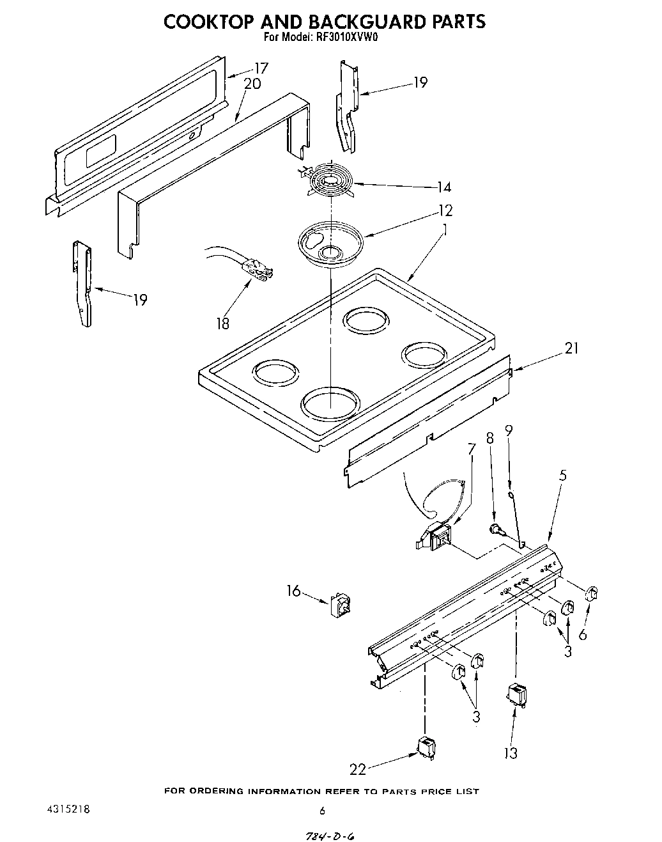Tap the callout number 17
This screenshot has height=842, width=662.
coord(261,68)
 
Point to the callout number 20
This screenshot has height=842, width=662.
coord(252,84)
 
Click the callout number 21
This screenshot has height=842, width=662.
coord(571,348)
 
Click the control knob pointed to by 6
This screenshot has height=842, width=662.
coord(591,593)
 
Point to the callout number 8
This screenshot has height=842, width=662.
coord(490,439)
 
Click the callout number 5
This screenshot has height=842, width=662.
coord(562,475)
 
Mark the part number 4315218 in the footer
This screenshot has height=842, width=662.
coord(68,809)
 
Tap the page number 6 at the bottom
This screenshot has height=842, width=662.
coord(322,811)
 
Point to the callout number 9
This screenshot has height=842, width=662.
coord(509,431)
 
